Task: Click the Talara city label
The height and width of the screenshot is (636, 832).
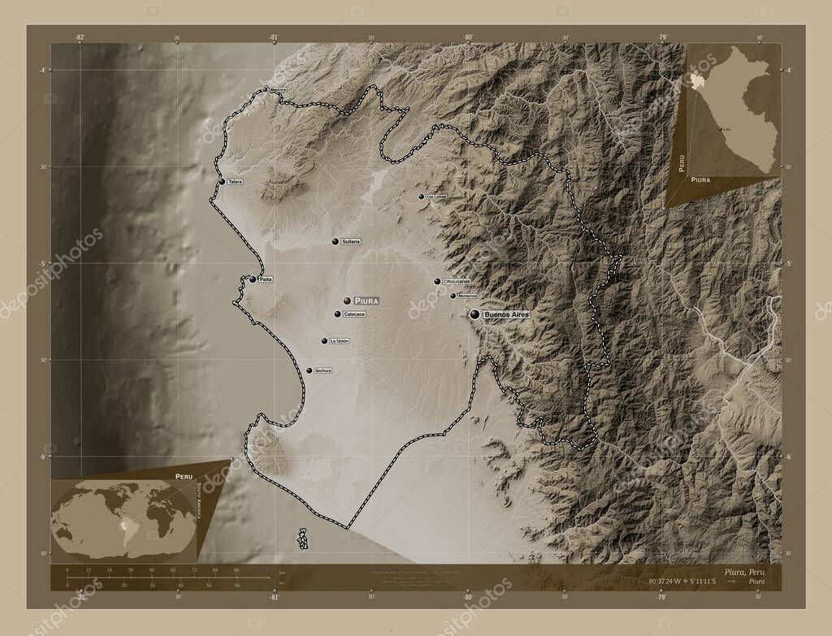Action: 236,182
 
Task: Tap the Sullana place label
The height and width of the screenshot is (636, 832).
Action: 351,242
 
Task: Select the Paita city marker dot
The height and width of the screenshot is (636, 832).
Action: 253,279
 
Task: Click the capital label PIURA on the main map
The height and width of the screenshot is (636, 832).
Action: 367,301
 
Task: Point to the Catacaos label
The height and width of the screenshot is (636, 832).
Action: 354,314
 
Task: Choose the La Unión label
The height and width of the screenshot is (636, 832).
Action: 340,341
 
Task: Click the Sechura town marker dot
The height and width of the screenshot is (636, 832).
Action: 310,370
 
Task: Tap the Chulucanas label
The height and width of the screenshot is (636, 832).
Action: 460,282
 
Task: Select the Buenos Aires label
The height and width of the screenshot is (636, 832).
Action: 506,314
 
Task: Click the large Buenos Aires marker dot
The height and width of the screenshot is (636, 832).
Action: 474,313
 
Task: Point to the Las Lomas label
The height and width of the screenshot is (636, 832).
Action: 436,197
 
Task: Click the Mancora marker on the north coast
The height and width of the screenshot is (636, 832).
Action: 265,90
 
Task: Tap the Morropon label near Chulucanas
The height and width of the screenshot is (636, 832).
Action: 467,296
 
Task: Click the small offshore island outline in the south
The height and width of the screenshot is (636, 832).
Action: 303,539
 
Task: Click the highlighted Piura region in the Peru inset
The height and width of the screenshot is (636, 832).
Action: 698,81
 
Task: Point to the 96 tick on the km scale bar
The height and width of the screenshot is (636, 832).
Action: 237,571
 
